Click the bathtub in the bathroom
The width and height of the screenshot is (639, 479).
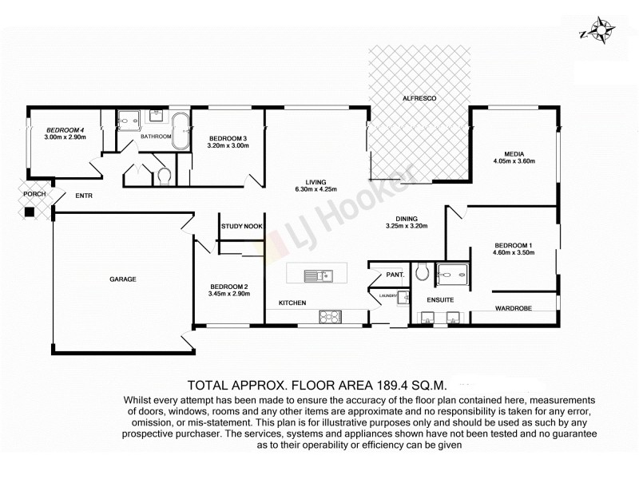183,131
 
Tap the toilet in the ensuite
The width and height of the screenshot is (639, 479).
423,274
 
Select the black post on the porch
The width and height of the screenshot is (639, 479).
30,212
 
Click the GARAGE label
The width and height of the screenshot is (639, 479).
123,279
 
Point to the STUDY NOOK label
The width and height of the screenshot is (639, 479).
243,227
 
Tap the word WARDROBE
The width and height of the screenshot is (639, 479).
514,307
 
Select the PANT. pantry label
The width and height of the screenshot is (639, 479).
395,275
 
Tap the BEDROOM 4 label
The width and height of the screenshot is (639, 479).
65,129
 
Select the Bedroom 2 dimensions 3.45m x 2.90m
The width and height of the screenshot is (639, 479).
229,294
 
